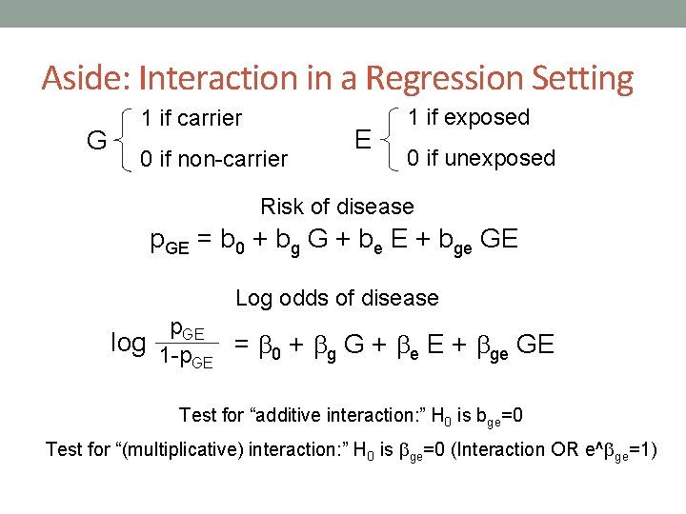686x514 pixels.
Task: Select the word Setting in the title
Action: [x=583, y=78]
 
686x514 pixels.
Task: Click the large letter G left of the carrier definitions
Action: [x=96, y=141]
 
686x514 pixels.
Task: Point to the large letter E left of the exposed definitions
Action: [x=362, y=140]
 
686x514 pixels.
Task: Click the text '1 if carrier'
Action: [x=192, y=119]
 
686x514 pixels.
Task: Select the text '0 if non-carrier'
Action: [x=213, y=159]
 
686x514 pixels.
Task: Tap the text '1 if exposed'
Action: [x=468, y=117]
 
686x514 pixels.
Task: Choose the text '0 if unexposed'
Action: [x=481, y=158]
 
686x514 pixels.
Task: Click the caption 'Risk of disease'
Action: [x=337, y=207]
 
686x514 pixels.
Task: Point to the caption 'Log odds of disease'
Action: [x=336, y=298]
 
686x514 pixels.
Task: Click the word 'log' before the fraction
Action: [x=129, y=343]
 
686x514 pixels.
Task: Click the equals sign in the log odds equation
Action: [x=242, y=344]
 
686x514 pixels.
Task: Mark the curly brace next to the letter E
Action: [x=392, y=139]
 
